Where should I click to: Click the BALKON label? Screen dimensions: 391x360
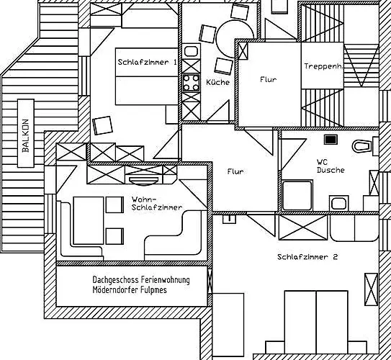pyautogui.click(x=26, y=135)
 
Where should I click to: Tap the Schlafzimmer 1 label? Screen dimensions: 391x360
pyautogui.click(x=147, y=62)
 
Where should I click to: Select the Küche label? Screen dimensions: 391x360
pyautogui.click(x=217, y=82)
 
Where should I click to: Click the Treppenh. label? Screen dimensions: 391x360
pyautogui.click(x=323, y=66)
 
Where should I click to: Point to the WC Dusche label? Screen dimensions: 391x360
pyautogui.click(x=331, y=166)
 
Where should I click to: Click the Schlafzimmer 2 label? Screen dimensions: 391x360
pyautogui.click(x=307, y=257)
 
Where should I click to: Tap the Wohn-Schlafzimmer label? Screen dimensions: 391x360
pyautogui.click(x=157, y=204)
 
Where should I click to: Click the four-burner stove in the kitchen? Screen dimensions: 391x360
pyautogui.click(x=192, y=83)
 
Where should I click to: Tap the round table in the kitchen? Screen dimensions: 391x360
pyautogui.click(x=235, y=39)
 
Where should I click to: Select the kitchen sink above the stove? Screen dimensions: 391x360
pyautogui.click(x=192, y=51)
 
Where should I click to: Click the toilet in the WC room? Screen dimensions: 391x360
pyautogui.click(x=362, y=146)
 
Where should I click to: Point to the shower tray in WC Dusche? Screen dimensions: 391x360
pyautogui.click(x=297, y=195)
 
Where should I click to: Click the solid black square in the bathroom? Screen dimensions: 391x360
pyautogui.click(x=331, y=140)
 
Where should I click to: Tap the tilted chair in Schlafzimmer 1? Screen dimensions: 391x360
pyautogui.click(x=102, y=125)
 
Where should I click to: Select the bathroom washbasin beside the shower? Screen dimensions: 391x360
pyautogui.click(x=338, y=203)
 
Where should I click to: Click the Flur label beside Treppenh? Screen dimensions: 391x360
pyautogui.click(x=269, y=79)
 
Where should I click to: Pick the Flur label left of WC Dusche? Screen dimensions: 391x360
pyautogui.click(x=235, y=171)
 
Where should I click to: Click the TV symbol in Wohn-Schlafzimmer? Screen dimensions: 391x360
pyautogui.click(x=144, y=181)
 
